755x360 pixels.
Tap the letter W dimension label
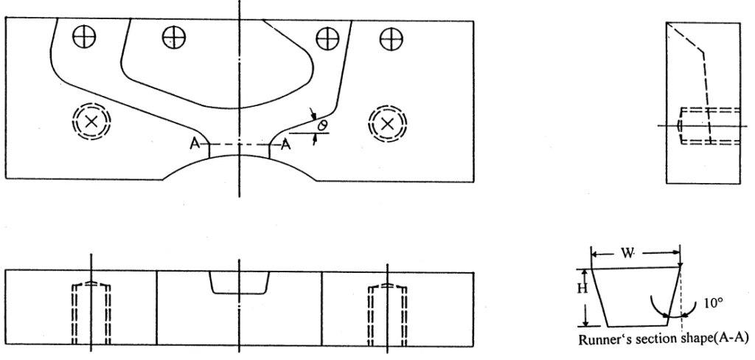click(x=627, y=254)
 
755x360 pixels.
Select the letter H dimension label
click(x=582, y=288)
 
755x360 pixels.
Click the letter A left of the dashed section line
click(x=195, y=144)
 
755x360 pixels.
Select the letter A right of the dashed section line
click(x=285, y=144)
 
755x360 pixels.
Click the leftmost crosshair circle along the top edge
click(x=84, y=37)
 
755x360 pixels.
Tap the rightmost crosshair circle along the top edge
click(x=391, y=39)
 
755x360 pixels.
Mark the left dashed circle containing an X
click(x=91, y=122)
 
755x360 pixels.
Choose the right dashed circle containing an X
click(x=388, y=125)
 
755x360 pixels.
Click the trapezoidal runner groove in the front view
click(x=240, y=283)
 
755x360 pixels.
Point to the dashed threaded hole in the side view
click(x=709, y=126)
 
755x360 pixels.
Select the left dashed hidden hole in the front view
click(x=91, y=314)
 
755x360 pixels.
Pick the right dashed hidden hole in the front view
click(x=388, y=314)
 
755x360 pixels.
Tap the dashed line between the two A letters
click(x=240, y=144)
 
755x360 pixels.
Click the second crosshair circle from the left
click(x=174, y=37)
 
